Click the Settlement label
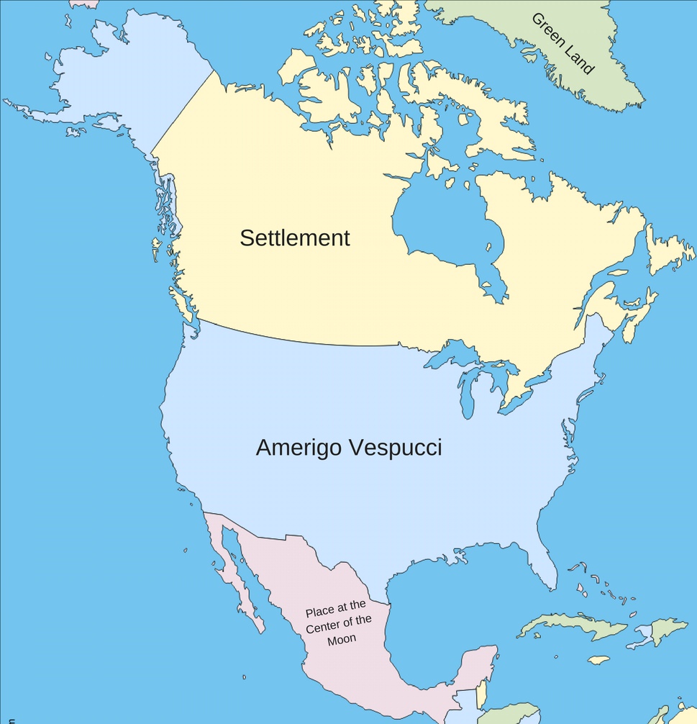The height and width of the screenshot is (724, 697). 294,238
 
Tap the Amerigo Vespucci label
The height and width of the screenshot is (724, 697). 349,448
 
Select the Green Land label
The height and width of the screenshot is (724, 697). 563,44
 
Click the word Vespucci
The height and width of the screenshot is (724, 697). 395,448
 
